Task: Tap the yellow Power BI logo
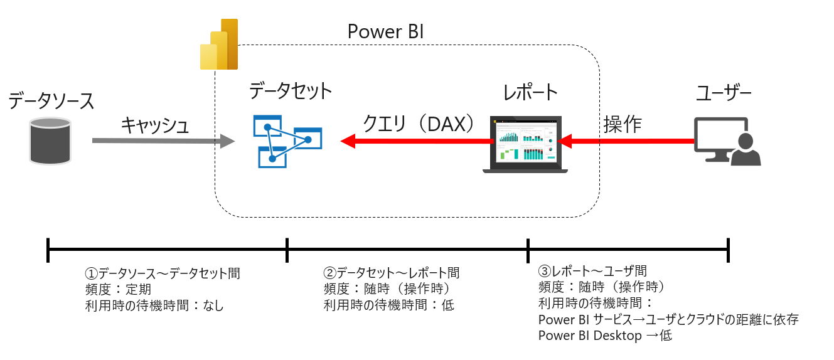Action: (x=219, y=45)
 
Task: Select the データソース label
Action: (x=51, y=100)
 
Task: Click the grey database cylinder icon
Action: (x=50, y=141)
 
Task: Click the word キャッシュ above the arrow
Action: (x=155, y=125)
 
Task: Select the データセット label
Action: (x=291, y=92)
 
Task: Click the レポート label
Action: (x=530, y=92)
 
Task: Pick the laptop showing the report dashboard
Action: (x=525, y=145)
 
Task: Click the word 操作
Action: (x=622, y=124)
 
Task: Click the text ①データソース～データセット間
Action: (x=163, y=273)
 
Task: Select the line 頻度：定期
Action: (x=118, y=290)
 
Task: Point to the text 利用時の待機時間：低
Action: (x=388, y=305)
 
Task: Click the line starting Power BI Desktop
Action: (x=605, y=336)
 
